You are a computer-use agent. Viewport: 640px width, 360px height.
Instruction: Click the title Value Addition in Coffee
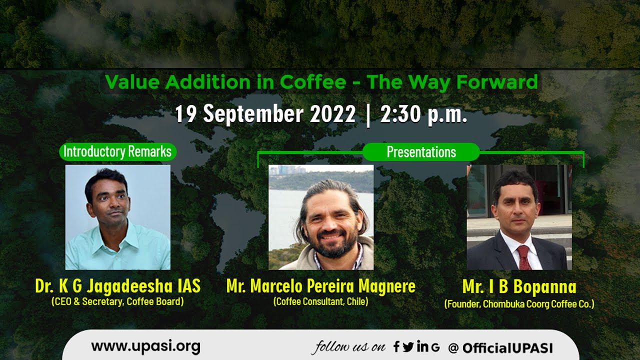[225, 82]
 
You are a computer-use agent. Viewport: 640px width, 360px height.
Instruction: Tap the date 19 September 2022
[265, 114]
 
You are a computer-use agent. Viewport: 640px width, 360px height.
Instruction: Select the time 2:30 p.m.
[423, 114]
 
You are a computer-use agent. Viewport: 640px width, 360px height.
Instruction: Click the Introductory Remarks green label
[117, 151]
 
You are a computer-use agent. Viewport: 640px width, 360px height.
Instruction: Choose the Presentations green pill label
[421, 152]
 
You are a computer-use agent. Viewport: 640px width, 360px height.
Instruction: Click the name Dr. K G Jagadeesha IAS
[117, 286]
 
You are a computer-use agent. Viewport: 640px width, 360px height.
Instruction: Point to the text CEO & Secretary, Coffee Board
[117, 301]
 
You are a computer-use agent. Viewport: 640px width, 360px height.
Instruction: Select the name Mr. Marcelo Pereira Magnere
[320, 286]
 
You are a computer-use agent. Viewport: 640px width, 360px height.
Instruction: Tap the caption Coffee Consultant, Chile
[320, 301]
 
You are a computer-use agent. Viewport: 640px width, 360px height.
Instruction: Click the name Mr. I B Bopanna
[519, 287]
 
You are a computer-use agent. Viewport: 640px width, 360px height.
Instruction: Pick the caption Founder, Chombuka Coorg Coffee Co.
[519, 303]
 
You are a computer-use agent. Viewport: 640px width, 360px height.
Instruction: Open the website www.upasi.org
[145, 346]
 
